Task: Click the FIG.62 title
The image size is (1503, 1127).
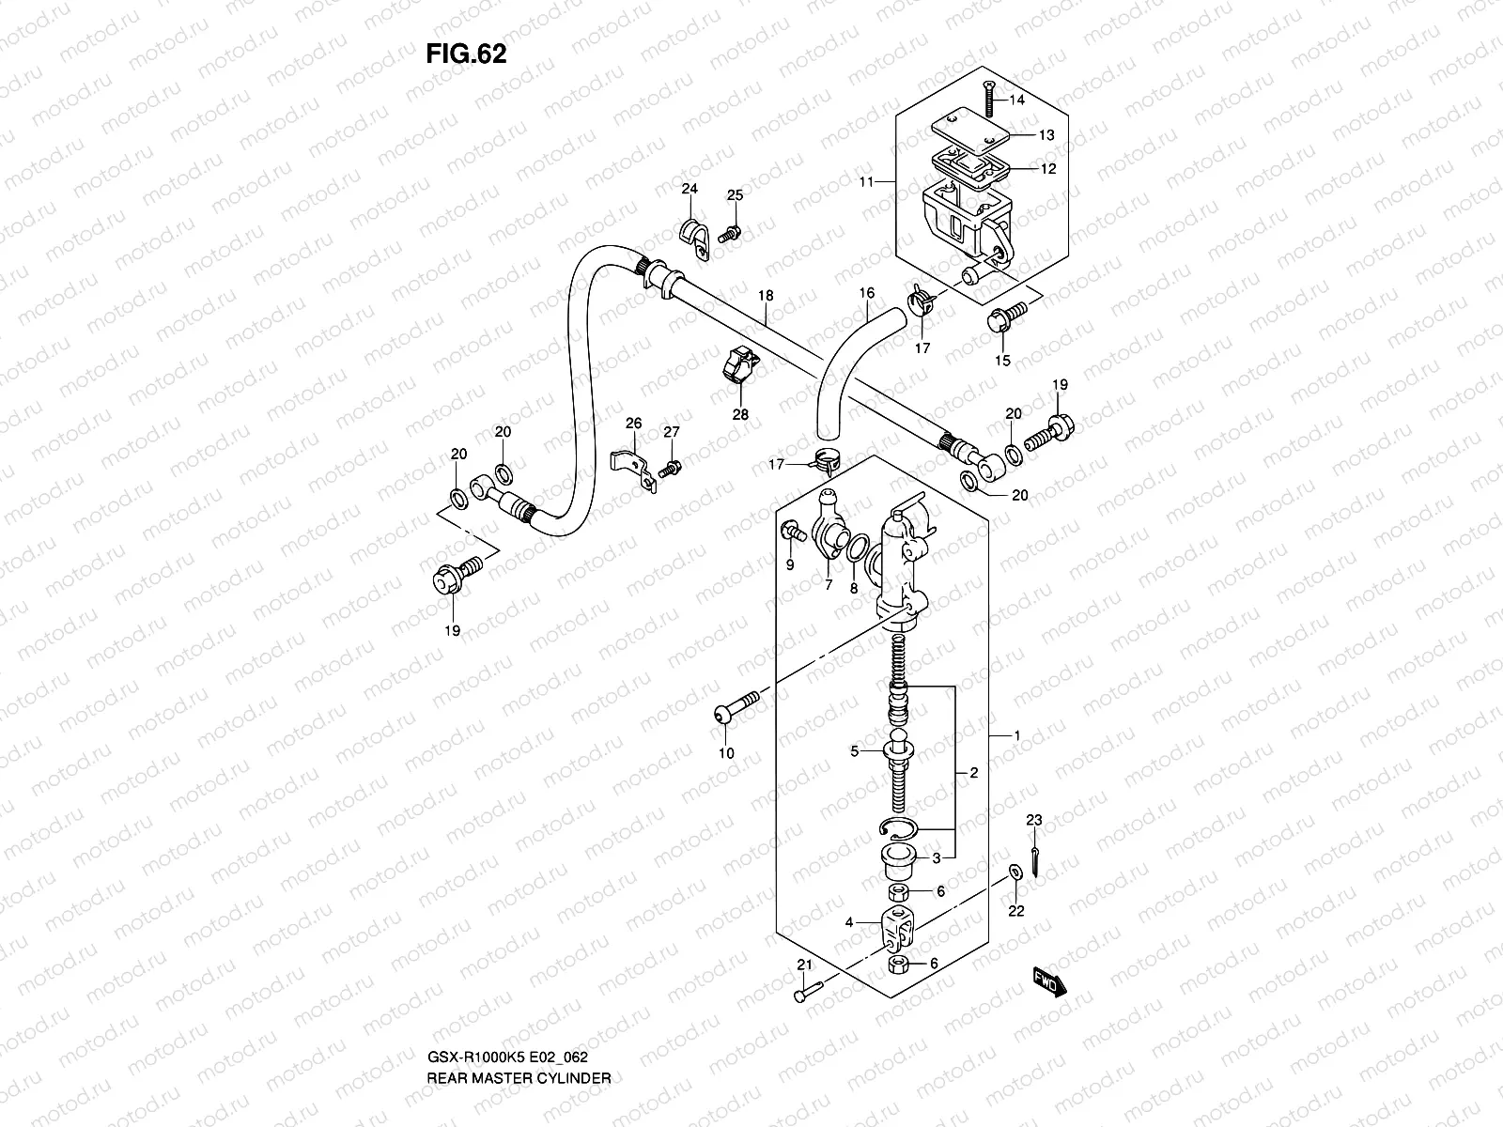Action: coord(466,54)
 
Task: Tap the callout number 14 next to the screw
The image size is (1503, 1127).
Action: coord(1017,100)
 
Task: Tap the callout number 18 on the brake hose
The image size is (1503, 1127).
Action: coord(766,296)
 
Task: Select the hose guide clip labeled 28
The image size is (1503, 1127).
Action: coord(740,367)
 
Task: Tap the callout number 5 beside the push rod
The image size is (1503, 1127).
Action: coord(854,751)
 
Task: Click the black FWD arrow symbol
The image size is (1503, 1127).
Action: coord(1048,981)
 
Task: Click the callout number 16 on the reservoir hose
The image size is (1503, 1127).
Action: coord(866,294)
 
